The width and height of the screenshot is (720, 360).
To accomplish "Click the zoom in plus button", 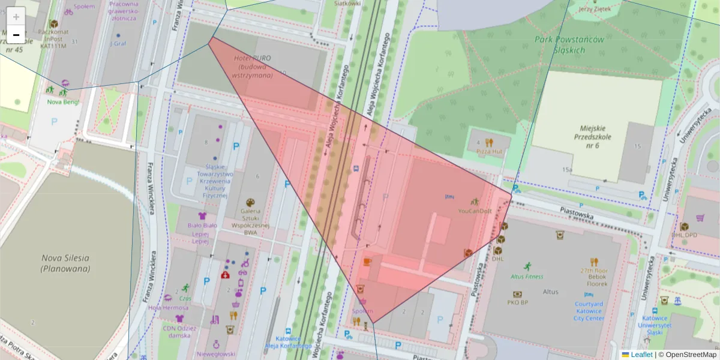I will click(x=16, y=16).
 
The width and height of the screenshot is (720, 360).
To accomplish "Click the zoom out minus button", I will click(x=16, y=35).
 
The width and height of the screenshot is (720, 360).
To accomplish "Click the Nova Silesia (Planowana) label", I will click(x=65, y=263).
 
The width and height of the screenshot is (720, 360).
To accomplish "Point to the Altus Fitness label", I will click(x=526, y=277).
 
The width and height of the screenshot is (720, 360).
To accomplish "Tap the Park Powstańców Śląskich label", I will click(x=560, y=45).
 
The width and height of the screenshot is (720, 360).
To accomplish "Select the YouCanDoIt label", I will click(x=475, y=211).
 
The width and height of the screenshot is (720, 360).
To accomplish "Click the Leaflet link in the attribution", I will click(x=641, y=355).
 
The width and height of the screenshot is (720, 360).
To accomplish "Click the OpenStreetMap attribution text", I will click(x=690, y=355).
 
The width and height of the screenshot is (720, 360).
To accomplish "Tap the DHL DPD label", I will click(x=685, y=235).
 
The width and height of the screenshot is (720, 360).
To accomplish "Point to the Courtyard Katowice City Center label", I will click(x=588, y=311).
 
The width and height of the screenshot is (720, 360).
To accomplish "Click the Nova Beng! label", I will click(x=63, y=101).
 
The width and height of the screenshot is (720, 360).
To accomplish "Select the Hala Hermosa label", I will click(x=168, y=308).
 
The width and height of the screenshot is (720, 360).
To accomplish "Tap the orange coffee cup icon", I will click(x=367, y=262).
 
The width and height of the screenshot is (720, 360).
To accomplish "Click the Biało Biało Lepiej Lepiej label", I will click(x=202, y=233).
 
